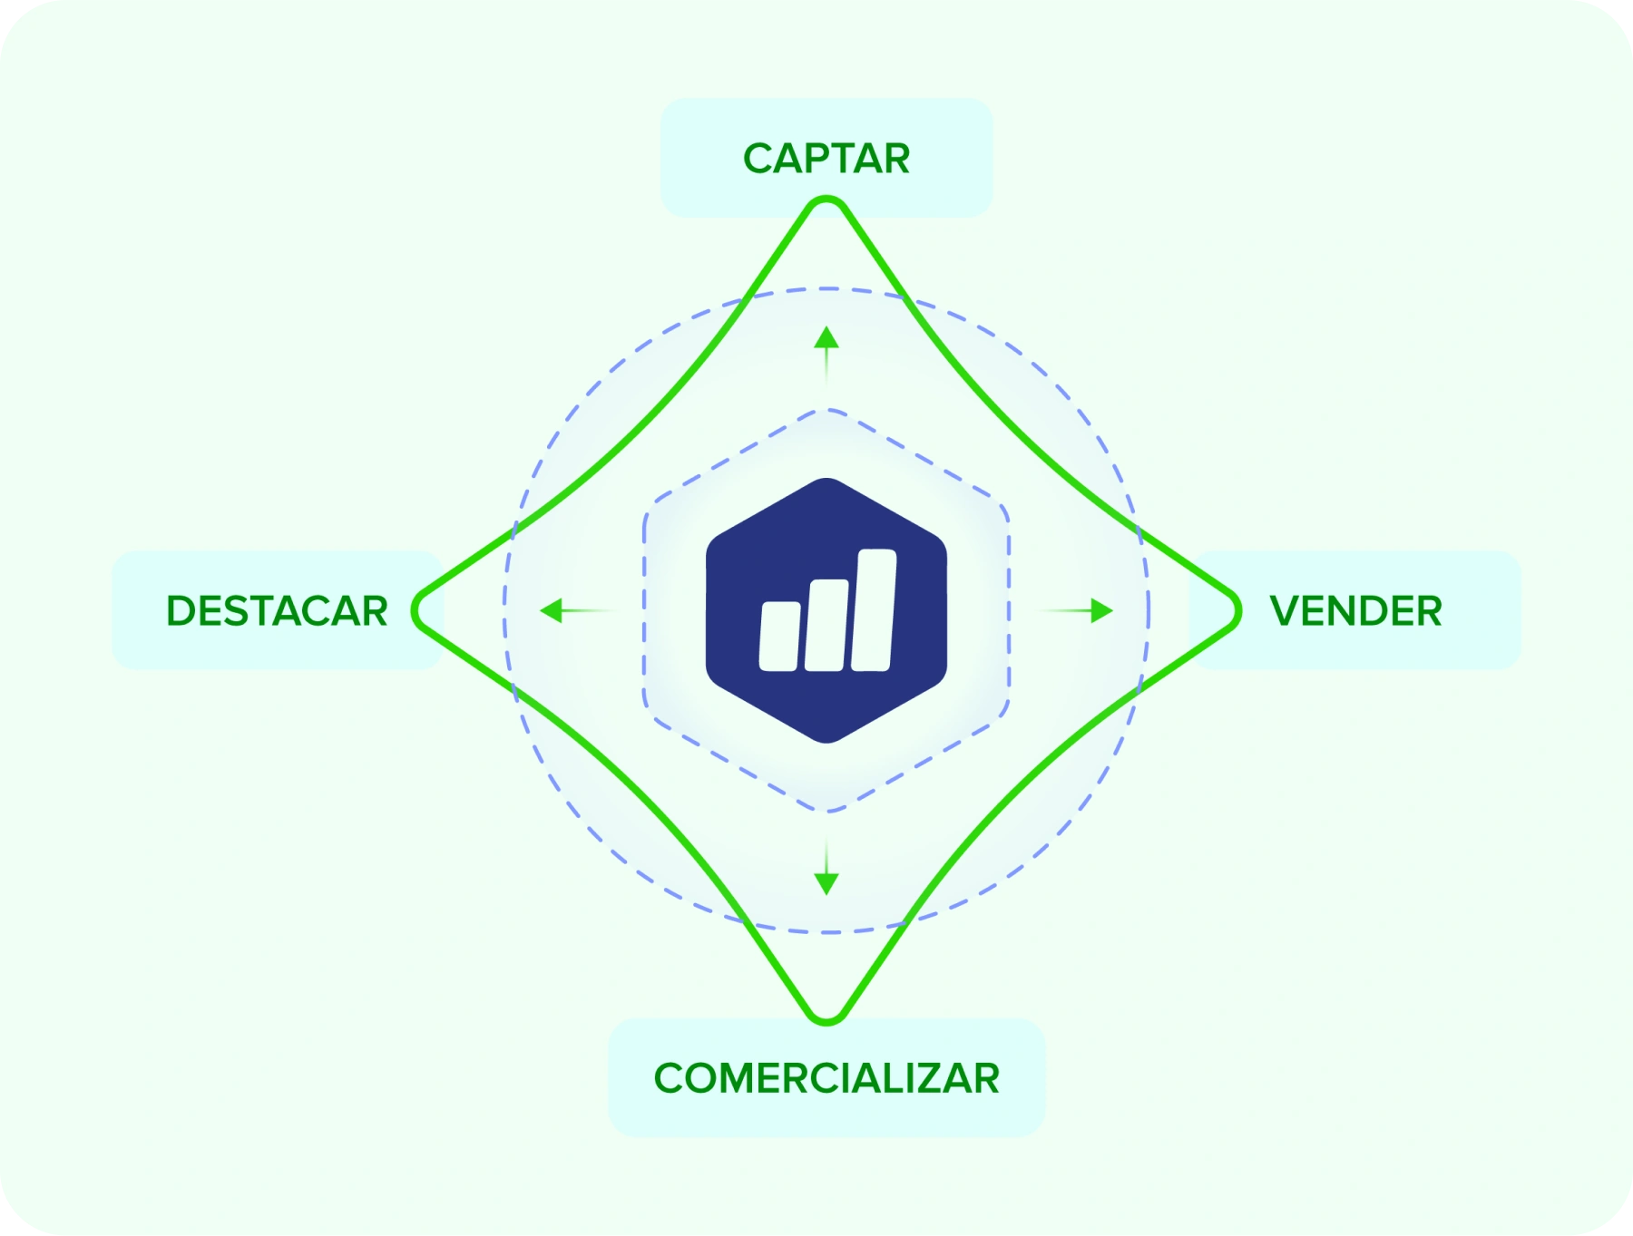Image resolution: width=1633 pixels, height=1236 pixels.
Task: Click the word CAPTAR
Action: pyautogui.click(x=826, y=159)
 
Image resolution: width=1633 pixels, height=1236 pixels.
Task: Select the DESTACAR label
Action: pyautogui.click(x=277, y=611)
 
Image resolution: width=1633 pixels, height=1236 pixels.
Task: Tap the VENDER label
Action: pyautogui.click(x=1355, y=611)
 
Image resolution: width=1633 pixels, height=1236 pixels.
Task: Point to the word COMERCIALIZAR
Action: pyautogui.click(x=826, y=1078)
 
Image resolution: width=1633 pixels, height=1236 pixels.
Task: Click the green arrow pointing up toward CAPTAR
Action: pyautogui.click(x=826, y=355)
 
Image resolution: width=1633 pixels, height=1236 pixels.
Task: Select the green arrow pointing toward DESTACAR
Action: pyautogui.click(x=578, y=610)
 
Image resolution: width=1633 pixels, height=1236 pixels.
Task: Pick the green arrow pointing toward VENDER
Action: pyautogui.click(x=1076, y=610)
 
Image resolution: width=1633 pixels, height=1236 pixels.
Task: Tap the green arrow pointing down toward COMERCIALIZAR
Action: pyautogui.click(x=826, y=867)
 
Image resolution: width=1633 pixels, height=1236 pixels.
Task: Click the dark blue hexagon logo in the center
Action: pyautogui.click(x=826, y=610)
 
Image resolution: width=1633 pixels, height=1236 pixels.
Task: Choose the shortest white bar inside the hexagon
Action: pyautogui.click(x=780, y=636)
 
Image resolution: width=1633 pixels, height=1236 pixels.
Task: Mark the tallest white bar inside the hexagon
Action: pyautogui.click(x=874, y=610)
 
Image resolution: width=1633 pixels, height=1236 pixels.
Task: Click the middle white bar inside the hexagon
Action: pyautogui.click(x=826, y=625)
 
